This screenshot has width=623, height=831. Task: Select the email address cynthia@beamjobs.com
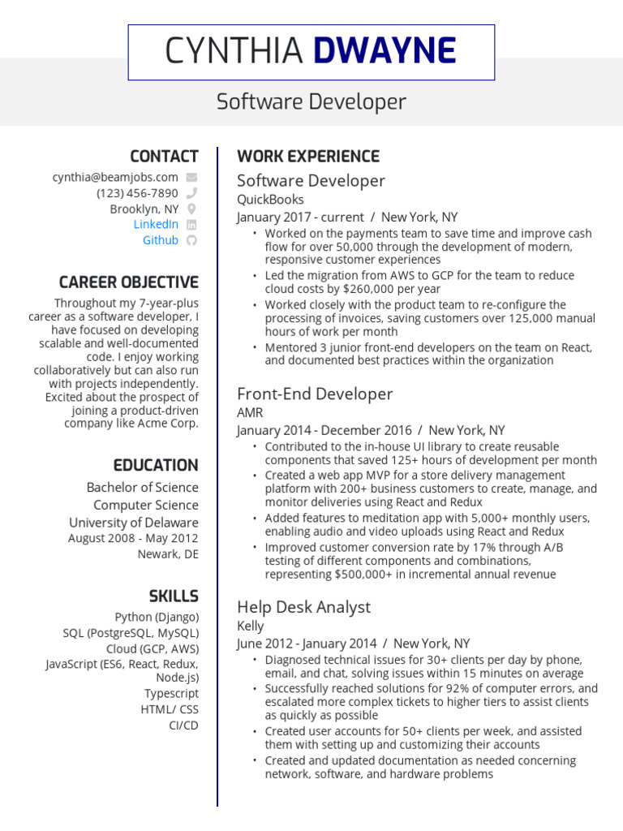coord(115,177)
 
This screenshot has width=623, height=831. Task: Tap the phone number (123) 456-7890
coord(137,193)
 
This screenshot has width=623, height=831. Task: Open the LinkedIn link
coord(156,224)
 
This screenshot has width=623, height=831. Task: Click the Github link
coord(160,240)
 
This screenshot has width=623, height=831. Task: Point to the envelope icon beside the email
coord(191,177)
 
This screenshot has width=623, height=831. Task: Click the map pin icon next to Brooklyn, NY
coord(191,209)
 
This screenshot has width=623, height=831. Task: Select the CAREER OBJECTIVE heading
coord(128,282)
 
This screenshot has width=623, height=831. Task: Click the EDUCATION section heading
coord(156,465)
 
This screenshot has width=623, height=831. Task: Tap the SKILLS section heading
coord(174,596)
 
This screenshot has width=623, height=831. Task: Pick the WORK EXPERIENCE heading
coord(307,156)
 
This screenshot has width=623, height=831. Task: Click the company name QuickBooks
coord(270,200)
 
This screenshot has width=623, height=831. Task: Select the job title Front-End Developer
coord(315,394)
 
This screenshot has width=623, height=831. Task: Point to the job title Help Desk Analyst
coord(303,607)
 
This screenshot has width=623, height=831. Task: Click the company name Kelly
coord(250,626)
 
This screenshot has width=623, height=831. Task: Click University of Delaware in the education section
coord(133,523)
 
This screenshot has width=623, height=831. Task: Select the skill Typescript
coord(171,694)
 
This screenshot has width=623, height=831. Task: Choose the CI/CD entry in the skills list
coord(183,725)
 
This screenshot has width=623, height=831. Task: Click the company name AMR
coord(250,412)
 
